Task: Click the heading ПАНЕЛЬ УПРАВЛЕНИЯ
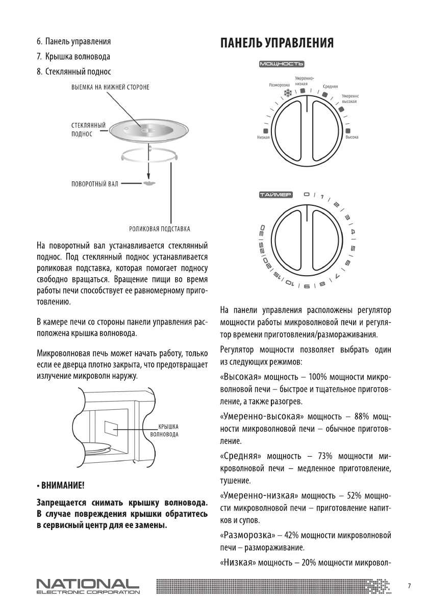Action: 277,43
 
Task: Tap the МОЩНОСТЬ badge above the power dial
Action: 282,64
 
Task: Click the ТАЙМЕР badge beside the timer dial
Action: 275,195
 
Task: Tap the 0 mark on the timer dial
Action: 306,194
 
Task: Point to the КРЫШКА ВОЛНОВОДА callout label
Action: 164,431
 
